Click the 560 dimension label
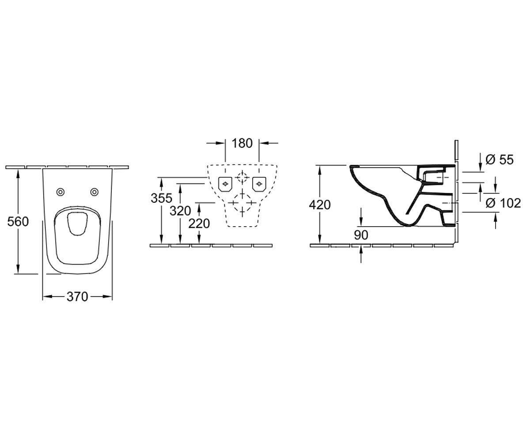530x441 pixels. [x=18, y=222]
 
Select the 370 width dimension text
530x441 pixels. [x=77, y=296]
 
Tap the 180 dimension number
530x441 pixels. [x=242, y=143]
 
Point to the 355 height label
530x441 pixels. [x=162, y=198]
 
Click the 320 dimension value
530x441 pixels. [x=180, y=211]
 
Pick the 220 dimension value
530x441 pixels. [x=199, y=224]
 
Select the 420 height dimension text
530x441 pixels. [x=320, y=205]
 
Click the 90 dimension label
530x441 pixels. [x=361, y=235]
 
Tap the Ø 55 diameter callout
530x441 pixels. [x=500, y=160]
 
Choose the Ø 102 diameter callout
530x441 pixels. [x=503, y=203]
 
